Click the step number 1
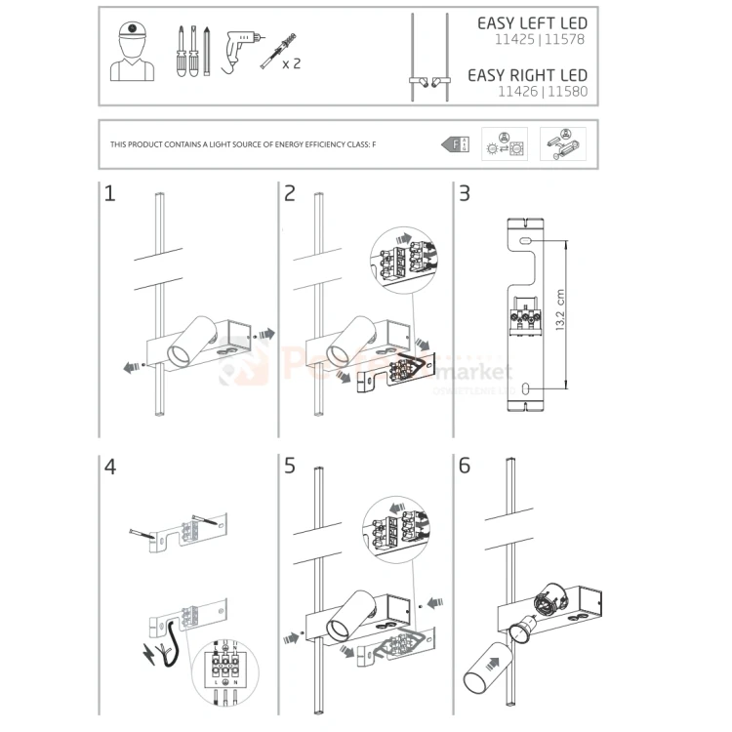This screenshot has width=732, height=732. (109, 194)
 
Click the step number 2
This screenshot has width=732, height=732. (289, 194)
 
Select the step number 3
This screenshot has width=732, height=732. (465, 194)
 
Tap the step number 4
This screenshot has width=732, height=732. (110, 467)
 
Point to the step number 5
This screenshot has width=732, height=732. (289, 467)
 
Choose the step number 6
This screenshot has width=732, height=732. (465, 467)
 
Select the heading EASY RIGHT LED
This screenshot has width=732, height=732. (527, 75)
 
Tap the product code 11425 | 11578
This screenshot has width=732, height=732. (543, 42)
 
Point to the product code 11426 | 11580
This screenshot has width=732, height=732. (543, 94)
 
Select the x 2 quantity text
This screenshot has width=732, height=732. (291, 64)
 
